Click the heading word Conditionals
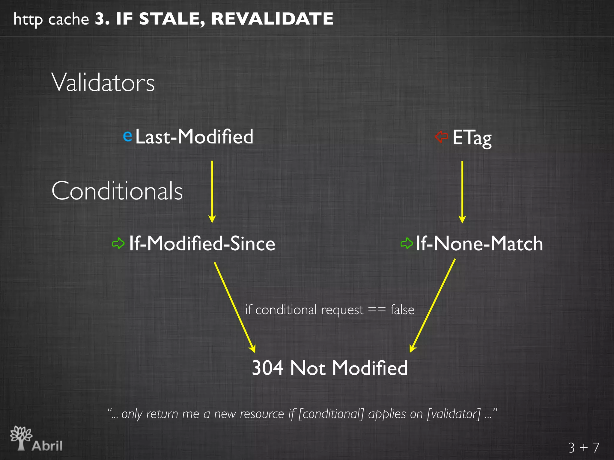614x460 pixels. [x=117, y=191]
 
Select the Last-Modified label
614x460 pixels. [x=194, y=137]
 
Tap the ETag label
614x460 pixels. [x=472, y=137]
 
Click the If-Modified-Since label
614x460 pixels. [x=202, y=243]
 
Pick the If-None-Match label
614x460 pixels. [x=479, y=243]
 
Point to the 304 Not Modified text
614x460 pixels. [x=329, y=368]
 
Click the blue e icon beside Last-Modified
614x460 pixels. [x=128, y=136]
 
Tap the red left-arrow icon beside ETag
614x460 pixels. [x=441, y=137]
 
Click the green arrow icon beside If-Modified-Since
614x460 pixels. [x=118, y=243]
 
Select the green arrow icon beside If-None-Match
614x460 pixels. [x=407, y=243]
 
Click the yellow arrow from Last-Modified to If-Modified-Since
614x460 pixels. [x=212, y=192]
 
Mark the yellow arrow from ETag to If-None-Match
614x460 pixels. [x=462, y=192]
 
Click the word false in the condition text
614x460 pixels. [x=402, y=310]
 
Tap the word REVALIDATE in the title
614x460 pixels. [x=272, y=19]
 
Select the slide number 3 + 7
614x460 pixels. [x=583, y=448]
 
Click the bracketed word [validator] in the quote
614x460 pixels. [x=454, y=414]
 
